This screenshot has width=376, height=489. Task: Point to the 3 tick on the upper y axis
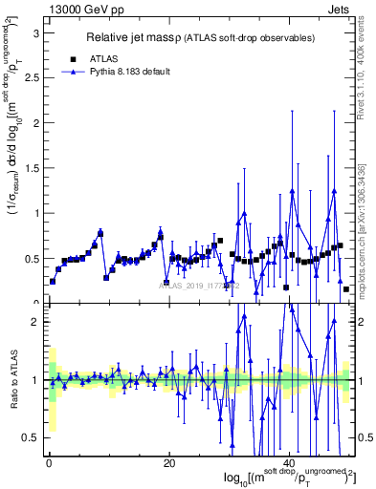point(36,32)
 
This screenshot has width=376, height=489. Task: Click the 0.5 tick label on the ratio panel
point(33,437)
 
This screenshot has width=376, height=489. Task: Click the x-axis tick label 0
point(49,464)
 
